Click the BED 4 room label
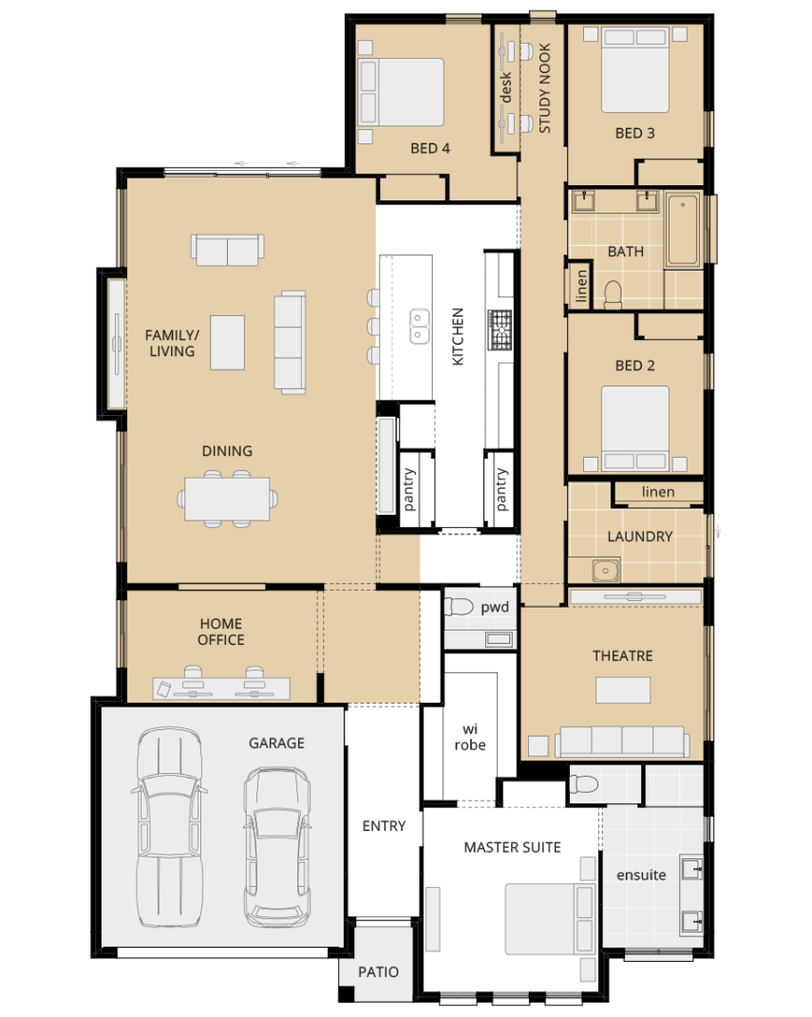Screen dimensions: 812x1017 tap(430, 148)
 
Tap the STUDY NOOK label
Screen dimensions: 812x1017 tap(545, 88)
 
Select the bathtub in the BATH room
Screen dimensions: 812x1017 tap(683, 230)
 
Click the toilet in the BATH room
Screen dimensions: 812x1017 tap(613, 294)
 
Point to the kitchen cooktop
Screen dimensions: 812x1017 tap(500, 330)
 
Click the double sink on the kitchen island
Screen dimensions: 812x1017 tap(419, 327)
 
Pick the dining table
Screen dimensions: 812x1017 tap(227, 499)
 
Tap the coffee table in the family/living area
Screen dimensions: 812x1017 tap(227, 343)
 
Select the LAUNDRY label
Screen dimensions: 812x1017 tap(639, 537)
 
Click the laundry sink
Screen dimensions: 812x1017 tap(605, 570)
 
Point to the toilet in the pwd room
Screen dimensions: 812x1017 tap(459, 607)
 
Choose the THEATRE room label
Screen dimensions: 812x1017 tap(623, 656)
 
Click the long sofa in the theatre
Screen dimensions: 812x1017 tap(622, 741)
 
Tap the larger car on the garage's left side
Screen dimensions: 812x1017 tap(169, 827)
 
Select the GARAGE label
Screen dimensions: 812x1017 tap(276, 744)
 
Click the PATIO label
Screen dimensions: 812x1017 tap(378, 971)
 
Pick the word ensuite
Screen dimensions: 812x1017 tap(641, 875)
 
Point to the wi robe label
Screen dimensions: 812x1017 tap(469, 738)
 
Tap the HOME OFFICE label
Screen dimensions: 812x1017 tap(221, 631)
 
